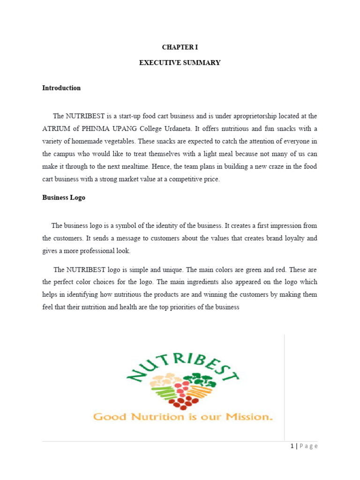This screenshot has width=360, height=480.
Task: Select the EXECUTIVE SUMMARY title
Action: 180,62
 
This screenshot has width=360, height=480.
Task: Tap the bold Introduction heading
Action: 61,88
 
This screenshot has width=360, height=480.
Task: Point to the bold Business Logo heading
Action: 64,197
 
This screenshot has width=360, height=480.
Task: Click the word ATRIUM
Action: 57,128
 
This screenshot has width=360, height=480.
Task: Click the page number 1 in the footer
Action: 291,446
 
